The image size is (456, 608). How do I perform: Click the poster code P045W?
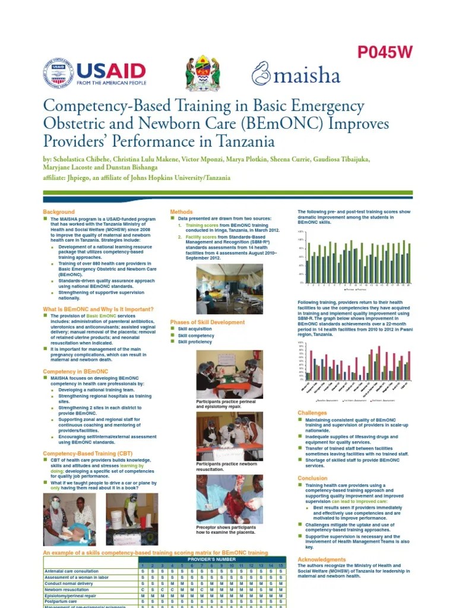click(384, 53)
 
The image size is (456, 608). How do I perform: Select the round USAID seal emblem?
click(58, 74)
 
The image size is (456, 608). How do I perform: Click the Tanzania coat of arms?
click(202, 73)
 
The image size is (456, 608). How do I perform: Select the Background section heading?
click(59, 212)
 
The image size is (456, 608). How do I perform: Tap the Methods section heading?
click(181, 212)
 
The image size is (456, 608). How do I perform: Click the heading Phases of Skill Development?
click(207, 322)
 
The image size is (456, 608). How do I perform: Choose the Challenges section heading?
click(312, 413)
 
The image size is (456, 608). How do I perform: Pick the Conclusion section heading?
click(312, 478)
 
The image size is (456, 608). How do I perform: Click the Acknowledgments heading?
click(321, 559)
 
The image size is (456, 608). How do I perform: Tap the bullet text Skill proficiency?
click(195, 342)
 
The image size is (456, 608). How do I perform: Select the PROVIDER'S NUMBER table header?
click(212, 560)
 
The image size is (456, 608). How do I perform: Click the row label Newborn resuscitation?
click(70, 590)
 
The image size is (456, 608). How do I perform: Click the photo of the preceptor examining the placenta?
click(229, 499)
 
